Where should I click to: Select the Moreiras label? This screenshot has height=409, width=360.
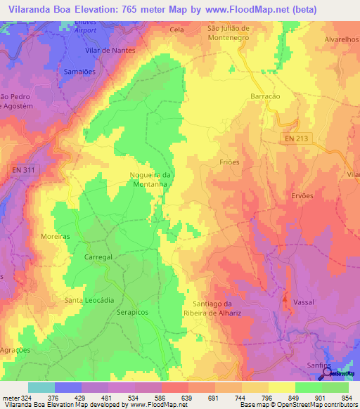[x=56, y=237]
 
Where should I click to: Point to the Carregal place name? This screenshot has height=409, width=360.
[x=98, y=258]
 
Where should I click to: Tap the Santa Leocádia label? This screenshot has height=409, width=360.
[x=89, y=300]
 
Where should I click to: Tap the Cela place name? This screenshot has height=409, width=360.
[x=177, y=30]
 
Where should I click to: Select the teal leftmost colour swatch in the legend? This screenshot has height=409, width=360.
[x=41, y=387]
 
